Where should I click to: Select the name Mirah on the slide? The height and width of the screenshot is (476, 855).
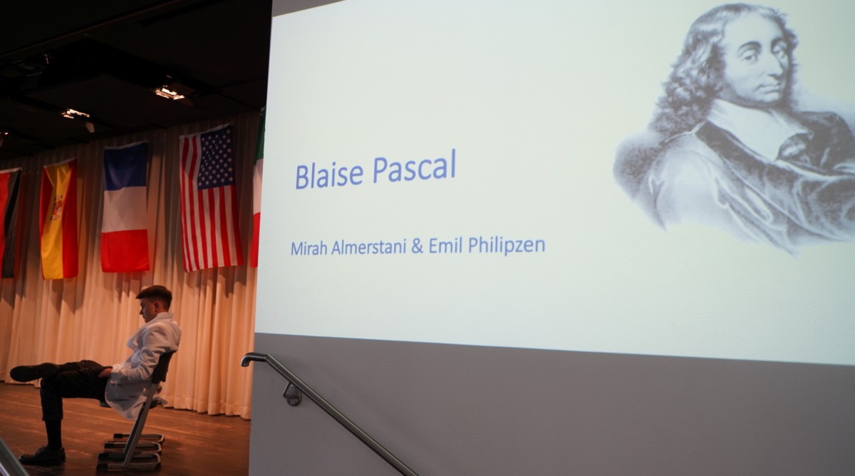click(309, 248)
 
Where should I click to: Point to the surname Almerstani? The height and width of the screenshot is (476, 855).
click(369, 247)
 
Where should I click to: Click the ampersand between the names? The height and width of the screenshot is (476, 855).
click(418, 247)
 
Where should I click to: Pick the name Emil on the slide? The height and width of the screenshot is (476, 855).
click(446, 245)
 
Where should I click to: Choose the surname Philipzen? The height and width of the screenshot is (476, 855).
click(507, 245)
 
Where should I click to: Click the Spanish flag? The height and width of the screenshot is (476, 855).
click(58, 219)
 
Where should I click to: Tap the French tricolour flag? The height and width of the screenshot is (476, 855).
click(125, 207)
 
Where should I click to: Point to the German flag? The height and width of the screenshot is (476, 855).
click(9, 223)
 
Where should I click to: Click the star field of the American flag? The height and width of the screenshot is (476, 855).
click(214, 157)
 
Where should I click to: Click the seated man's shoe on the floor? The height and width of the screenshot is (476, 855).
click(42, 455)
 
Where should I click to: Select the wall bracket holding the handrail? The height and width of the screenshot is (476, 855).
click(293, 394)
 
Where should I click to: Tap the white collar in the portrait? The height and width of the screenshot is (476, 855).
click(748, 126)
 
